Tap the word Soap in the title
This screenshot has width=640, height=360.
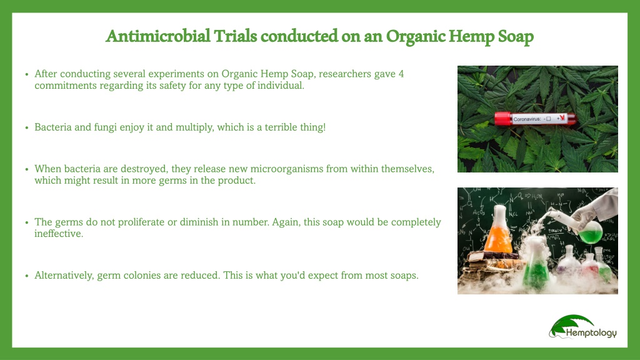tap(516, 37)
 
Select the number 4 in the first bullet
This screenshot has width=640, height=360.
tap(401, 74)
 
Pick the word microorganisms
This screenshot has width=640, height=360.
tap(286, 169)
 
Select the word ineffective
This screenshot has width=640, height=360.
tap(58, 234)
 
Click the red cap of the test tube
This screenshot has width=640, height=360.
tap(502, 119)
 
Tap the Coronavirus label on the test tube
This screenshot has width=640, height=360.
tap(526, 119)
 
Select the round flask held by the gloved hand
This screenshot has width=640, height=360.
tap(590, 231)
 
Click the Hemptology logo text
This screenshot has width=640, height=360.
tap(591, 333)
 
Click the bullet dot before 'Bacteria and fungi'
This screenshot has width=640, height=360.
tap(27, 127)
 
